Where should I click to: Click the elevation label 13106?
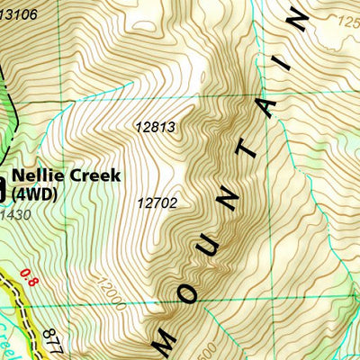tap(19, 13)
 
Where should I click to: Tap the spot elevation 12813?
tap(155, 129)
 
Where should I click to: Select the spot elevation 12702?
tap(157, 203)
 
